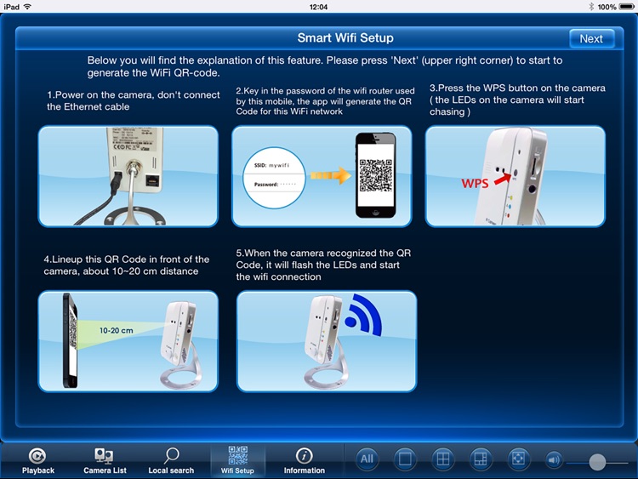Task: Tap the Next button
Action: click(x=591, y=38)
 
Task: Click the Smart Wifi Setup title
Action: click(x=345, y=38)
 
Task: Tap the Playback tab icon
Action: click(x=37, y=457)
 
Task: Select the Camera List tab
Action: click(x=104, y=460)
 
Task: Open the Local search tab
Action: click(x=171, y=460)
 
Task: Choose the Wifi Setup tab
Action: click(x=237, y=460)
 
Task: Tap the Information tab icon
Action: click(x=304, y=457)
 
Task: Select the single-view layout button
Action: click(x=405, y=459)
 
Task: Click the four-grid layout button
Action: click(x=442, y=459)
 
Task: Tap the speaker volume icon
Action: click(x=554, y=460)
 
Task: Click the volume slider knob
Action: click(x=597, y=461)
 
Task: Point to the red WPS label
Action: click(x=476, y=183)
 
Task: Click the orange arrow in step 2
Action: click(x=330, y=175)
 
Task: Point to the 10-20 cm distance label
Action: click(x=116, y=330)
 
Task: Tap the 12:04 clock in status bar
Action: click(x=319, y=6)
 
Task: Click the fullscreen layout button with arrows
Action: click(x=518, y=459)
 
